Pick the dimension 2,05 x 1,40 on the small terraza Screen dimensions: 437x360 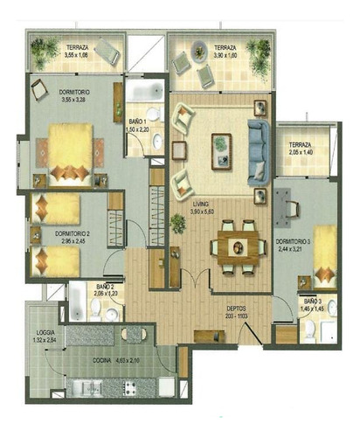[301, 153]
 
